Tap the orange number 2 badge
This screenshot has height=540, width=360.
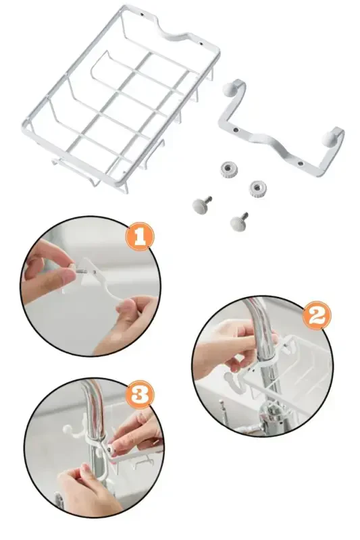315,315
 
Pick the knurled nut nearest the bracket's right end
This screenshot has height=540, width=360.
256,189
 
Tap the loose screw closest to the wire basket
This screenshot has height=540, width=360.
201,202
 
